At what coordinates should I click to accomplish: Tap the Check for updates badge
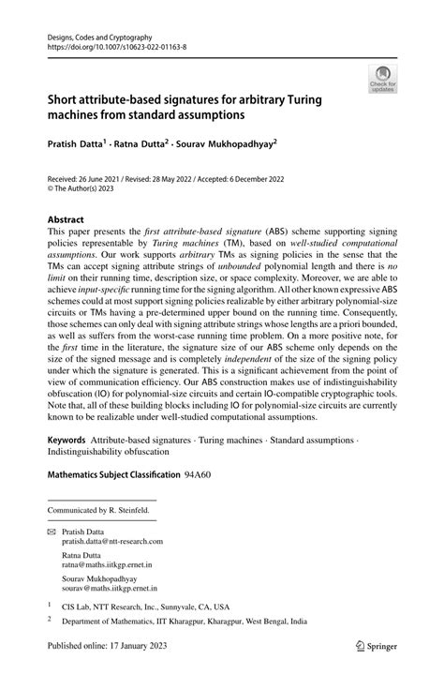pos(381,79)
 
